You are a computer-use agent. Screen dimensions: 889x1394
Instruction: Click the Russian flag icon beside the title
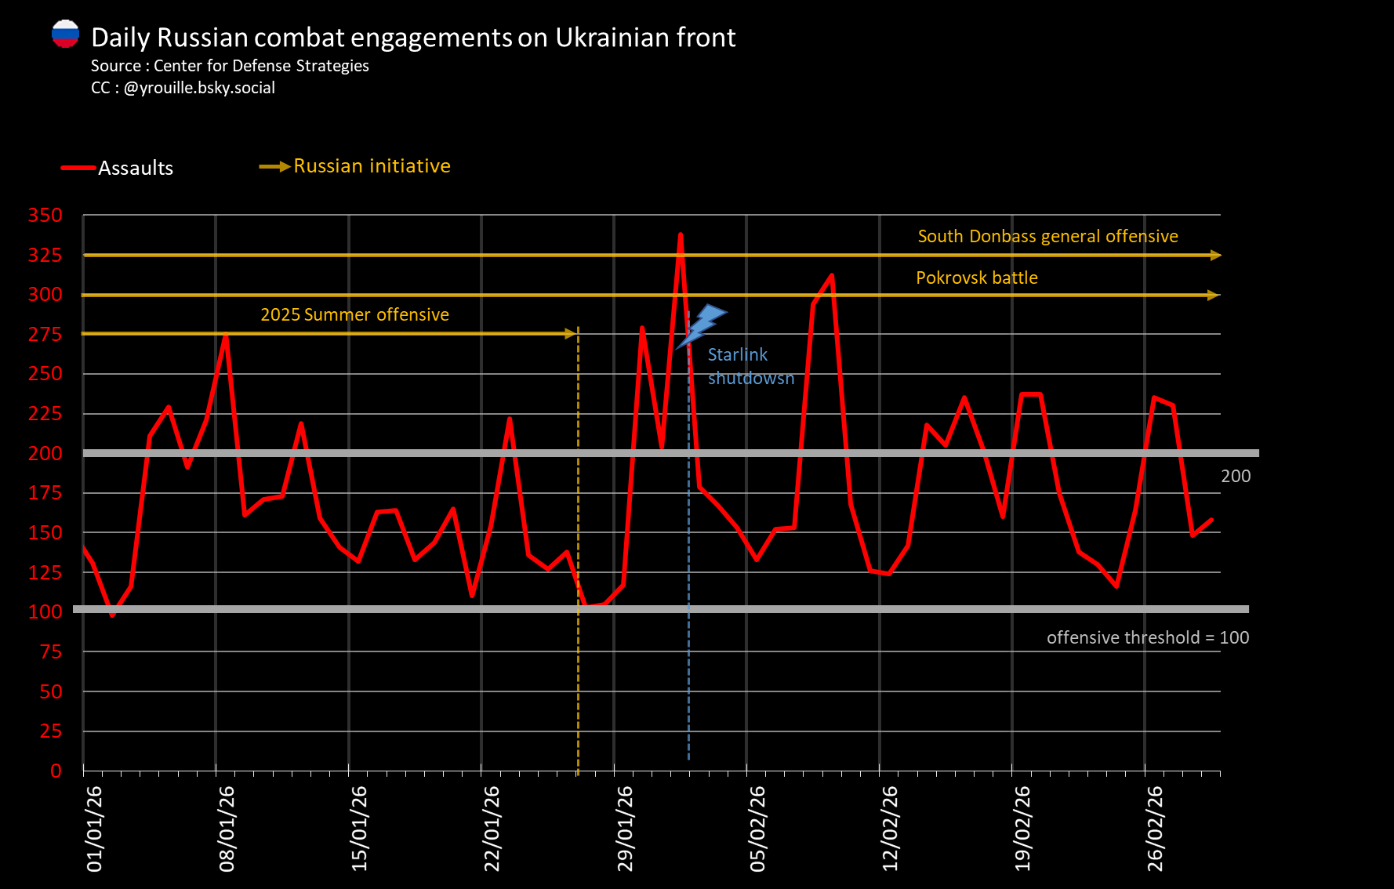coord(65,34)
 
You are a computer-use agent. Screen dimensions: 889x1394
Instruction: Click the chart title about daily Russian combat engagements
coord(413,38)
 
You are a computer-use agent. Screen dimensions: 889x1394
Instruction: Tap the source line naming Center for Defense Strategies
coord(230,66)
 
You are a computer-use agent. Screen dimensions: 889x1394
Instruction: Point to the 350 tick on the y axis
coord(45,216)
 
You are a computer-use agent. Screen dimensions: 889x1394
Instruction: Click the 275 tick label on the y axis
coord(45,335)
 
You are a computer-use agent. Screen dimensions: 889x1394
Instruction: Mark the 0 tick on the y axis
coord(56,771)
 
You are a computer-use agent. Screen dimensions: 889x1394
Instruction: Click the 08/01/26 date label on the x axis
coord(227,829)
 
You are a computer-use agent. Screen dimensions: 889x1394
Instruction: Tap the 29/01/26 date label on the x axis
coord(625,829)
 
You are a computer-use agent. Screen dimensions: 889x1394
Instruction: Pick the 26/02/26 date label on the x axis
coord(1155,829)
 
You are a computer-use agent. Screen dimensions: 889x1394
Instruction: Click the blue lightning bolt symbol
coord(702,325)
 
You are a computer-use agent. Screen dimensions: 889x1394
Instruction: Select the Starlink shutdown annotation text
coord(750,367)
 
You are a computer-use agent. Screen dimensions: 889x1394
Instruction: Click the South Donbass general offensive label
coord(1047,237)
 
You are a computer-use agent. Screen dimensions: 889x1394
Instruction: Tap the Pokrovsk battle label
coord(976,278)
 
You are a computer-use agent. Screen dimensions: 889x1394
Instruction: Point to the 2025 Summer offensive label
coord(354,315)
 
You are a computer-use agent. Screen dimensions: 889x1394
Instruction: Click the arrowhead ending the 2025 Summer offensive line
coord(571,334)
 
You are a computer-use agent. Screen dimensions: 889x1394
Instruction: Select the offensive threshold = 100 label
coord(1147,638)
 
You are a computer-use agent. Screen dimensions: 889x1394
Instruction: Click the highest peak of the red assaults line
coord(680,234)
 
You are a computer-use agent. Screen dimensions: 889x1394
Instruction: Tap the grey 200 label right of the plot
coord(1235,477)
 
